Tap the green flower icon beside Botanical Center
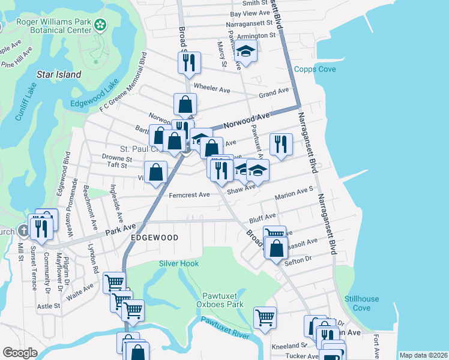point(101,25)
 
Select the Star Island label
point(59,75)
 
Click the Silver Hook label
point(179,263)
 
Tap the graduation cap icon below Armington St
point(246,52)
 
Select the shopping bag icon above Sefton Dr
point(276,248)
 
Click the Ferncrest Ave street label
point(189,194)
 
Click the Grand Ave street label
point(274,93)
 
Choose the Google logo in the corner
point(20,353)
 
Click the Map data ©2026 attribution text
point(423,355)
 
